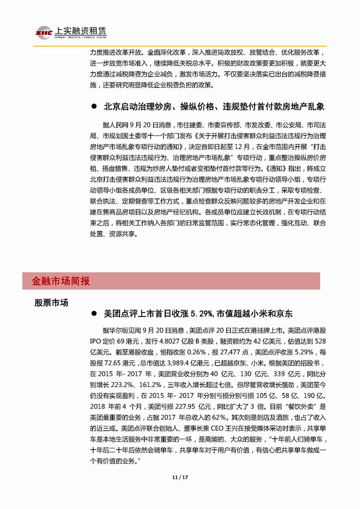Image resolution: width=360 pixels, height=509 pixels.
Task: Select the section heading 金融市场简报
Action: click(57, 281)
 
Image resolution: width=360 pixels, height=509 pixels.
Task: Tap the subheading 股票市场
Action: click(51, 303)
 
